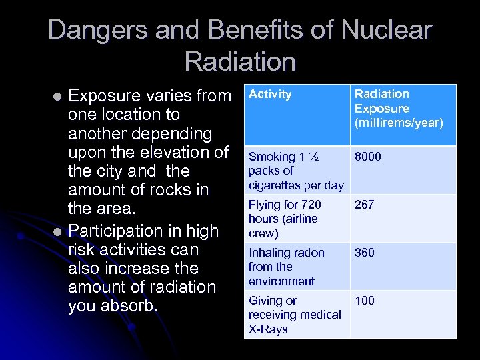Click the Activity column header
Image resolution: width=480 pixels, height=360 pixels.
(270, 95)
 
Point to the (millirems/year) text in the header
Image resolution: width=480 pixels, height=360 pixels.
(399, 123)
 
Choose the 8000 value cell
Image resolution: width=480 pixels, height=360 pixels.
(368, 157)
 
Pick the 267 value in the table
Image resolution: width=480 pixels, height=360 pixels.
(364, 205)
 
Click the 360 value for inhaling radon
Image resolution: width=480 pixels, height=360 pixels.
(364, 253)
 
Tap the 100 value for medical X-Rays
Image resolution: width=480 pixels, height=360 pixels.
(364, 301)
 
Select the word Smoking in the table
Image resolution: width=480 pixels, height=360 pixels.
(272, 157)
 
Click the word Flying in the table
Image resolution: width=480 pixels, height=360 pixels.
(265, 205)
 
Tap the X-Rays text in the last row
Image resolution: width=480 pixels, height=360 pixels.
(268, 329)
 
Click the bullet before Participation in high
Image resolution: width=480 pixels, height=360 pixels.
(58, 231)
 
